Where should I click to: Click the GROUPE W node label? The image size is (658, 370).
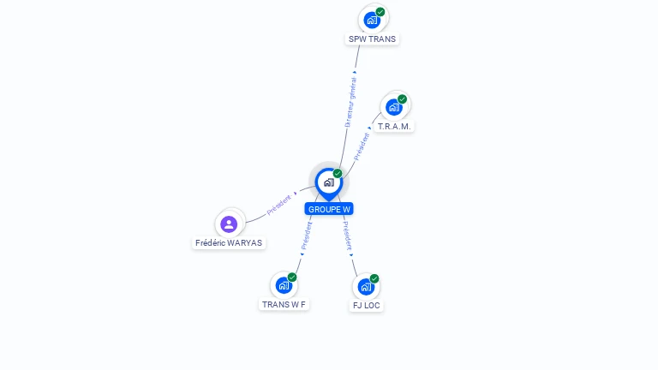coord(329,209)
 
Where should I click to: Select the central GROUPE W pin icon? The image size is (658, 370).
coord(328,182)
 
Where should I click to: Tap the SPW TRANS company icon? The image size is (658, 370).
coord(372,19)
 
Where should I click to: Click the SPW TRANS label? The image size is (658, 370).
coord(373,39)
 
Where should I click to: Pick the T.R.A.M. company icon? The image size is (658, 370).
coord(394,107)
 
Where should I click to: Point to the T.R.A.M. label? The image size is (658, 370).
coord(395,127)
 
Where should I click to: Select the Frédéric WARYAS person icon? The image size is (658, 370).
coord(229,224)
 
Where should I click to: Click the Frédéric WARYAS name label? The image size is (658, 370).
coord(229,243)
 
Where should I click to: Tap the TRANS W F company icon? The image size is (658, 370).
coord(284,285)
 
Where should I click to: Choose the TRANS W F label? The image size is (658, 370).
coord(284,305)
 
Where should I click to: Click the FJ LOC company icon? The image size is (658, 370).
coord(366,286)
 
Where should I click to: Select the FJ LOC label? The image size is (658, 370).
coord(367,306)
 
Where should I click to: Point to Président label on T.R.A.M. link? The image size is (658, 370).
coord(362,146)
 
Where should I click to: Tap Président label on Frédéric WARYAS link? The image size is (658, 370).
coord(278,205)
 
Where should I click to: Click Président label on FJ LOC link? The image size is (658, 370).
coord(347,236)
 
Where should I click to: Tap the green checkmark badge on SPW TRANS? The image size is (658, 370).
coord(380,12)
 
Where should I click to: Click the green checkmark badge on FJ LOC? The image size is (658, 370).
coord(374,278)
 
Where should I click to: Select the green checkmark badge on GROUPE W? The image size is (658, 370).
coord(338,174)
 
